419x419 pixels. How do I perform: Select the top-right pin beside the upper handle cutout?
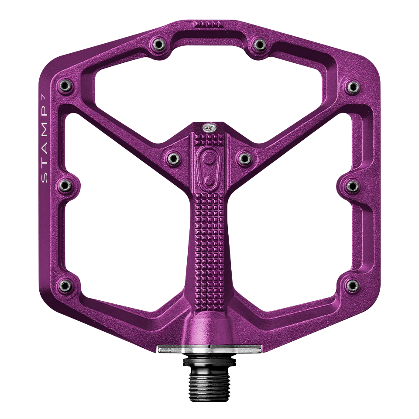[259, 44]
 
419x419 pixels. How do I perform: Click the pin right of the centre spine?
[244, 157]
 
